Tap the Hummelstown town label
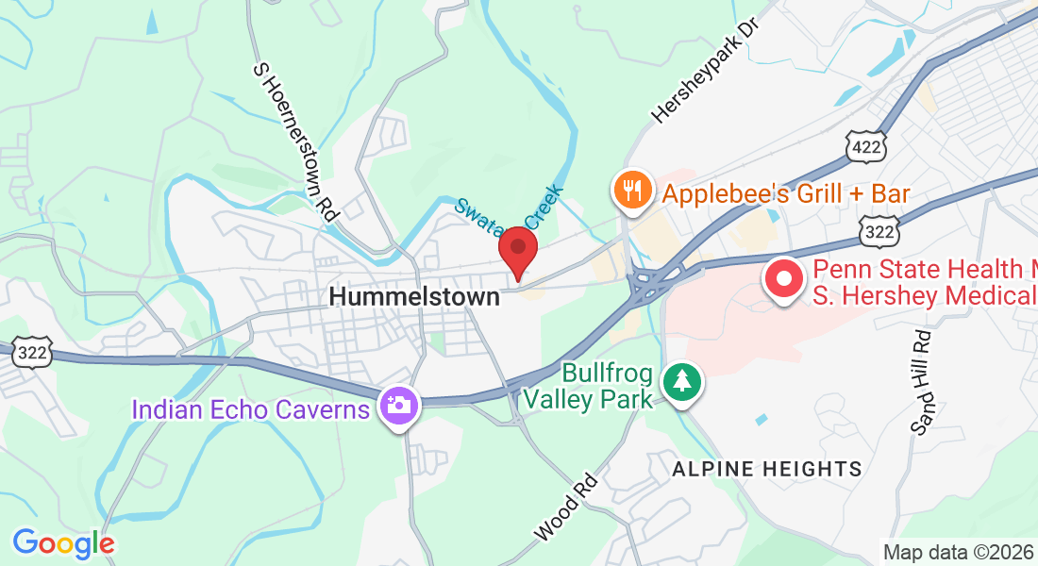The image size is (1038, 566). tap(413, 296)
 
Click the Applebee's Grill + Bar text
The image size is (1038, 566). tap(785, 194)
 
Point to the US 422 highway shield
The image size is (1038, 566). tap(866, 145)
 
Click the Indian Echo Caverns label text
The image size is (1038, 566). tap(250, 410)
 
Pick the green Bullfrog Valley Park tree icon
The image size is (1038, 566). tap(680, 382)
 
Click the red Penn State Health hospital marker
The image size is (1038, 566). tap(782, 280)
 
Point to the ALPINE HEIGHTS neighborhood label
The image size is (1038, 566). tap(766, 469)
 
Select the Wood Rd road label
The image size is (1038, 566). tap(566, 507)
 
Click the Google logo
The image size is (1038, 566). tap(63, 543)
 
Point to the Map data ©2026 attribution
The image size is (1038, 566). tap(958, 552)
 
